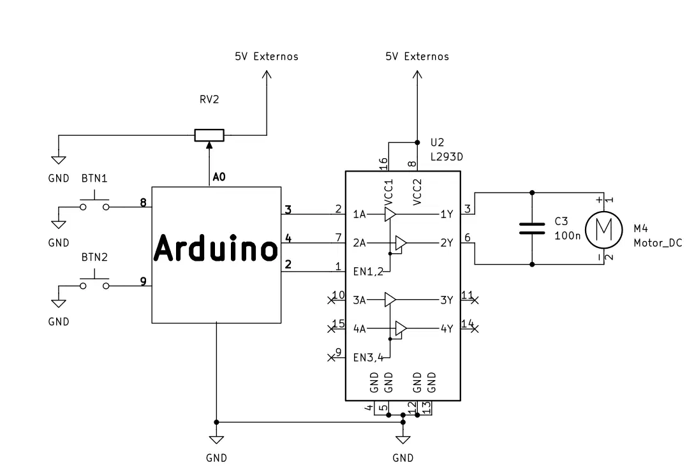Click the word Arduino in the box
[216, 248]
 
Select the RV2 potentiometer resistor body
[209, 135]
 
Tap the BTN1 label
[94, 179]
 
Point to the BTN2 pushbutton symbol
[94, 283]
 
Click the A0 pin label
[219, 177]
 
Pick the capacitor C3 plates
[532, 229]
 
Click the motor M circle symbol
[603, 230]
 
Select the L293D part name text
[447, 157]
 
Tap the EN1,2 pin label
[368, 272]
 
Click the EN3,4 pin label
[368, 357]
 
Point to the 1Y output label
[447, 214]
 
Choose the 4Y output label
[447, 328]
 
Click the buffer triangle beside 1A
[390, 214]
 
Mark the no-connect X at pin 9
[331, 357]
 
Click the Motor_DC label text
[658, 243]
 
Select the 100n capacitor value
[567, 236]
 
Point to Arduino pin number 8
[143, 202]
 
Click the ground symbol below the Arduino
[216, 440]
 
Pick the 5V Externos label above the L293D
[417, 57]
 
